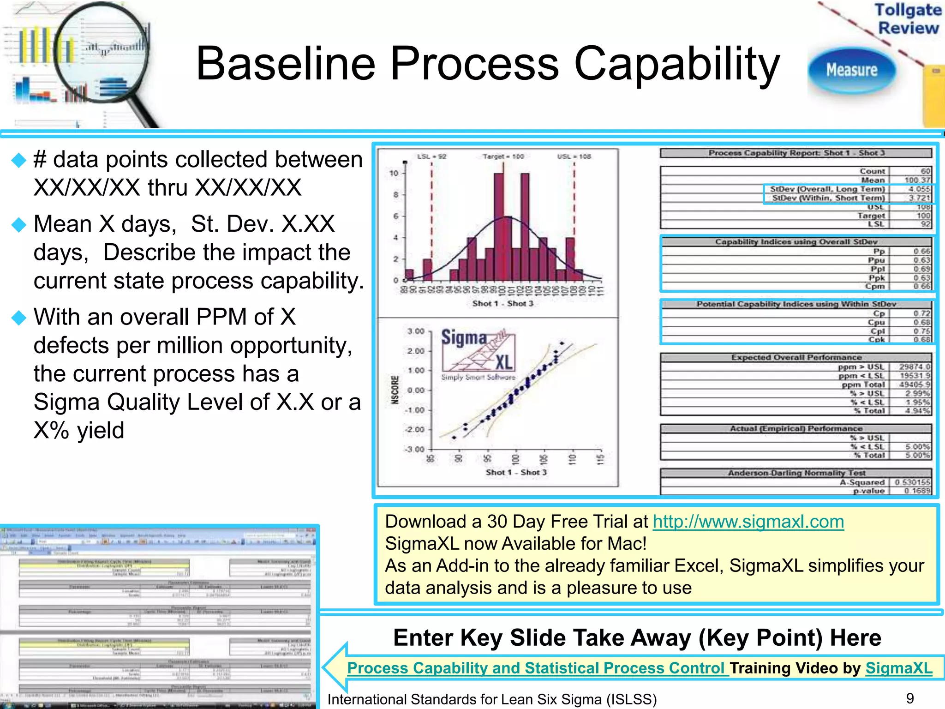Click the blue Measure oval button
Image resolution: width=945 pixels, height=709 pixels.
(x=852, y=70)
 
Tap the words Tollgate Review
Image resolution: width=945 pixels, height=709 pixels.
(x=908, y=18)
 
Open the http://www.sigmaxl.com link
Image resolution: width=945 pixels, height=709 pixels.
(x=748, y=522)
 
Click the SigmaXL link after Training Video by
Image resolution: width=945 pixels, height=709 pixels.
(x=898, y=668)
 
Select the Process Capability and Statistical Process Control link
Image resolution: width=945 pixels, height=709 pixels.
(x=538, y=668)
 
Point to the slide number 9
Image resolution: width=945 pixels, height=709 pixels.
(x=909, y=698)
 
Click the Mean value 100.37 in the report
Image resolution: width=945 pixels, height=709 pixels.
(x=911, y=180)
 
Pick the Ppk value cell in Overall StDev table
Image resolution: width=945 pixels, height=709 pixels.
(x=911, y=278)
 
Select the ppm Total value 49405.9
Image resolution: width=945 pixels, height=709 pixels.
(x=911, y=385)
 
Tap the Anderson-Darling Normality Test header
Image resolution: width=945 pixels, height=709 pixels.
(x=796, y=473)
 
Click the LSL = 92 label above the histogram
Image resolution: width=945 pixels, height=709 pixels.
(x=431, y=156)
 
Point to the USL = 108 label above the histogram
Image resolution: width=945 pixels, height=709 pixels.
(x=574, y=156)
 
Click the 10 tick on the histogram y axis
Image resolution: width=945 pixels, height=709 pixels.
(x=394, y=173)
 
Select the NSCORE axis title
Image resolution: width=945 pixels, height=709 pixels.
(x=395, y=390)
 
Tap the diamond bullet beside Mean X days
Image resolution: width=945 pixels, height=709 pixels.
(x=19, y=225)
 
